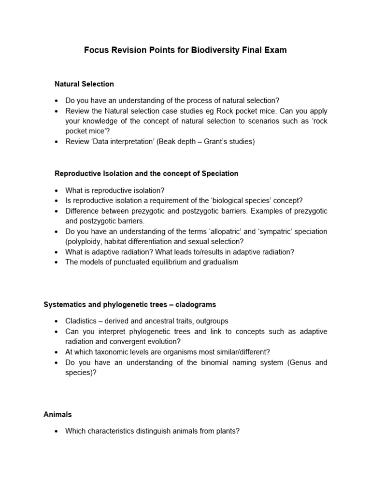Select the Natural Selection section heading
coord(85,84)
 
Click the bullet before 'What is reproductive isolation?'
coord(57,191)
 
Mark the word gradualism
coord(220,262)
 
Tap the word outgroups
coord(211,321)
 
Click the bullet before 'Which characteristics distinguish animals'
coord(57,431)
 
